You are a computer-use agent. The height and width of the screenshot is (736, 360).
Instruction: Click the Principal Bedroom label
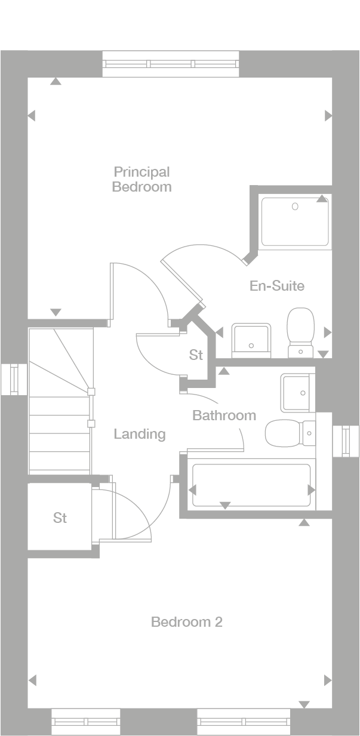141,179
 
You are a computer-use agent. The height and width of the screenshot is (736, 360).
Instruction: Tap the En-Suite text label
276,286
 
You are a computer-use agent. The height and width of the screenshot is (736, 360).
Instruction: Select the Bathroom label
224,415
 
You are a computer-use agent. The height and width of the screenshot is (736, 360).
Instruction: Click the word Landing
140,434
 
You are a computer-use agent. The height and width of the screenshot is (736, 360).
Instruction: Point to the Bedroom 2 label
186,622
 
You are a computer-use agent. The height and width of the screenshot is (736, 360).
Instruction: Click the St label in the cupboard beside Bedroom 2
60,518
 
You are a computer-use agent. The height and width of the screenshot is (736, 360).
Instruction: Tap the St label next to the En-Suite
196,355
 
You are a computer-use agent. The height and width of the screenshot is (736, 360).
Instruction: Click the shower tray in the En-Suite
295,220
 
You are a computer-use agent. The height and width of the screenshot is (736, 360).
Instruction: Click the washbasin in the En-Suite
251,339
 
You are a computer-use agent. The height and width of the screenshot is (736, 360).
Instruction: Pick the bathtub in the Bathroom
251,485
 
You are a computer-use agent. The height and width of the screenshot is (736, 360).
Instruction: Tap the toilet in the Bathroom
288,433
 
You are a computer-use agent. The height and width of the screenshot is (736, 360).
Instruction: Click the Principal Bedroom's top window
171,64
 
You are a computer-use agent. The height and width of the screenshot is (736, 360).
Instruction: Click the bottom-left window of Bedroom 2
86,722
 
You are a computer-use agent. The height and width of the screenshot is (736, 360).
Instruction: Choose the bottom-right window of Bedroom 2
244,722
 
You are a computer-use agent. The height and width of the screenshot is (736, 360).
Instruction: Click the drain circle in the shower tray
295,207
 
